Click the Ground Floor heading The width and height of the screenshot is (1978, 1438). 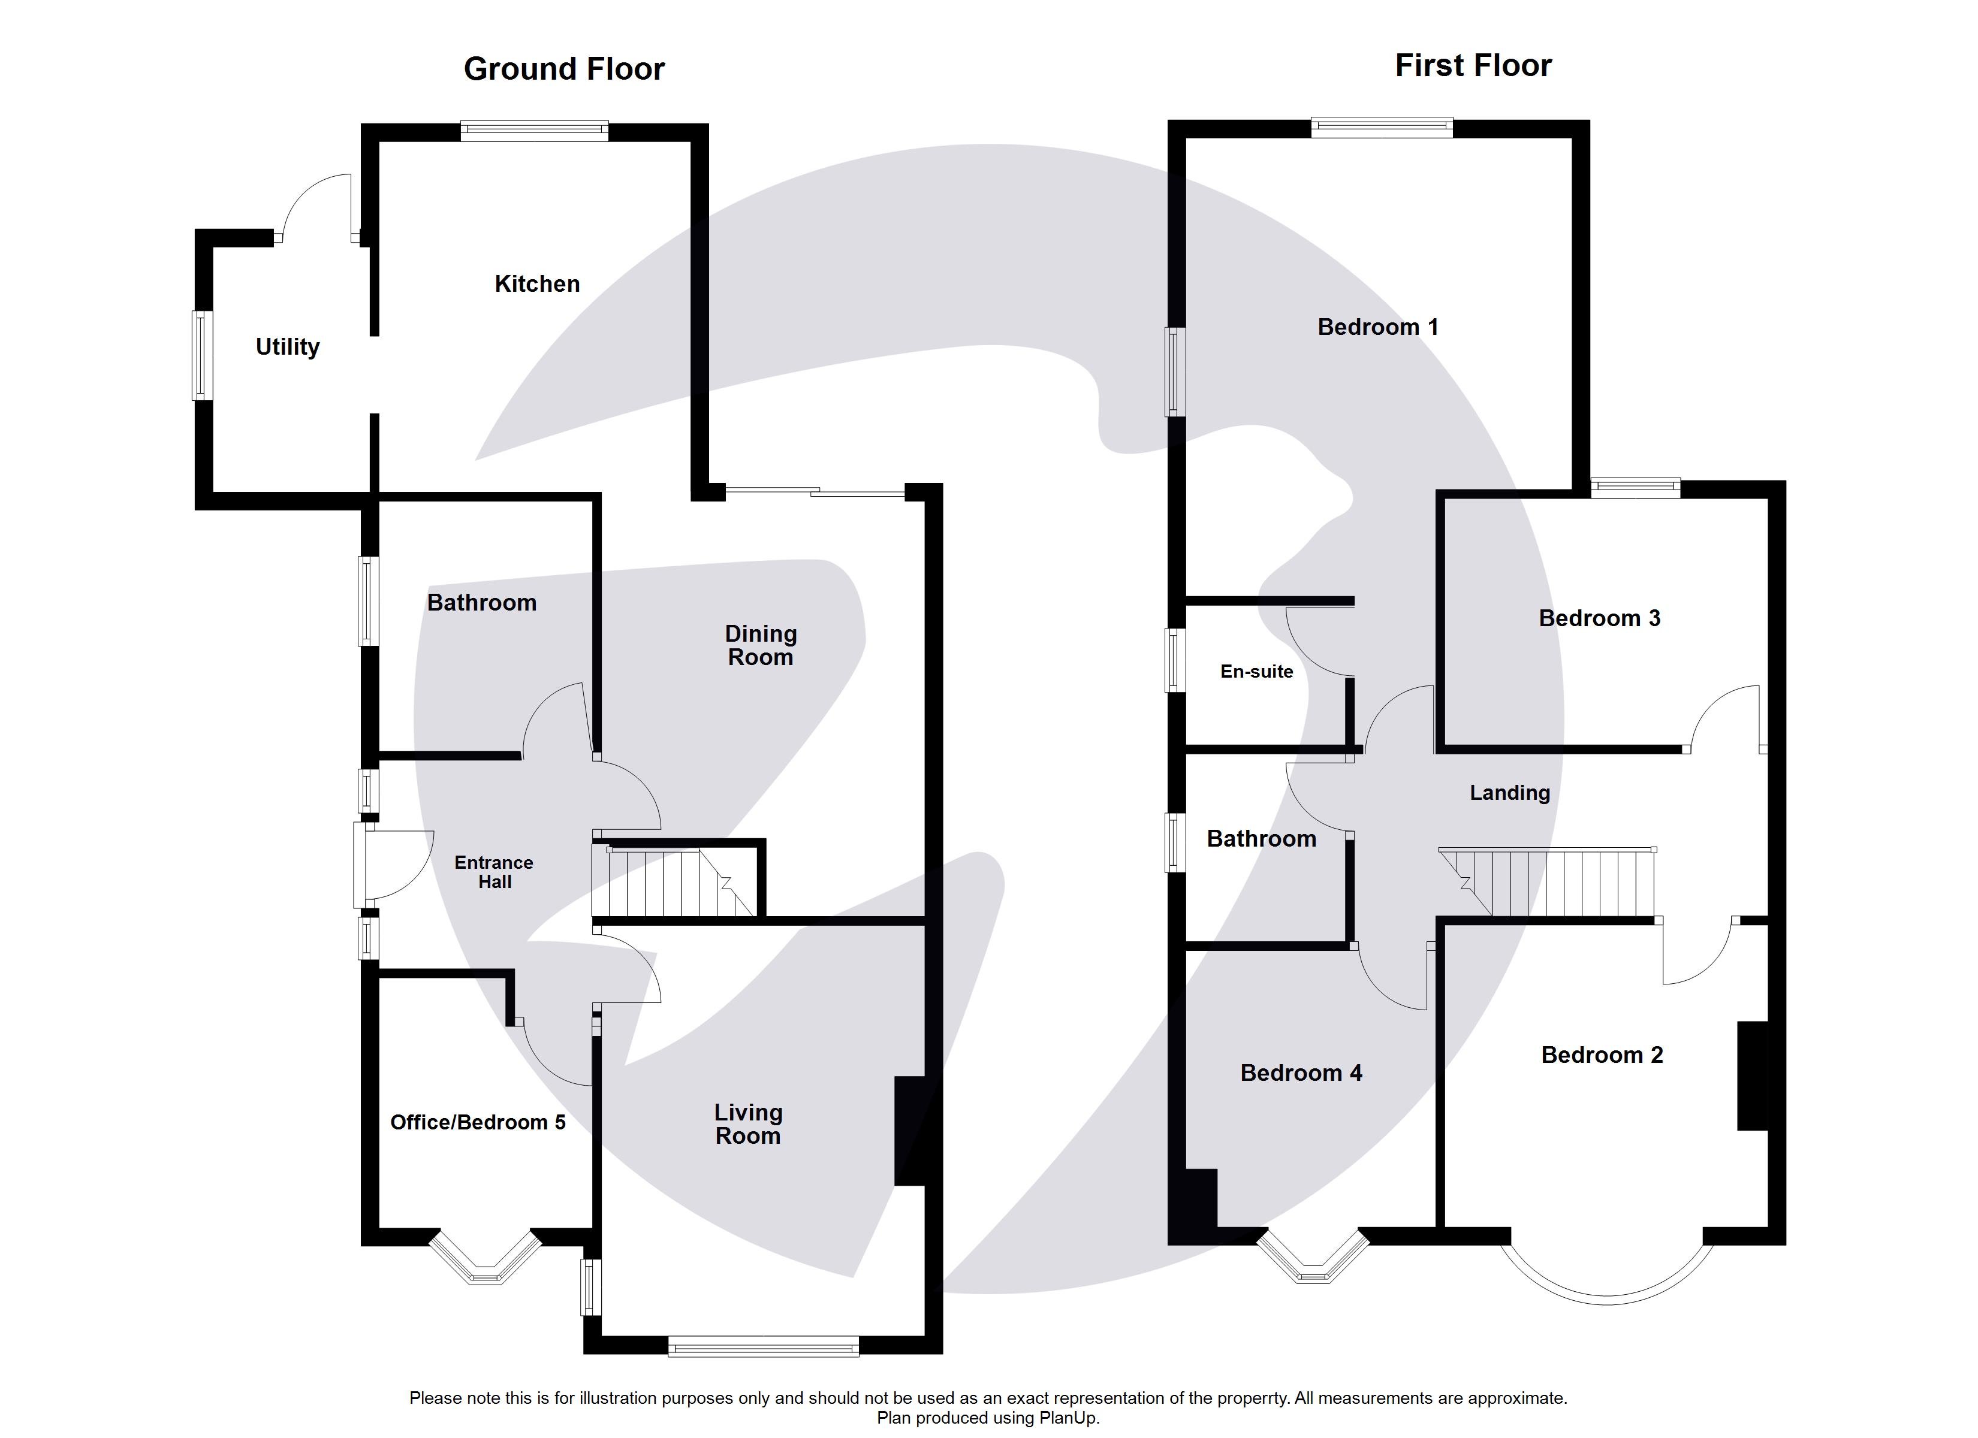pyautogui.click(x=563, y=69)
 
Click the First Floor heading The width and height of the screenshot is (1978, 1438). pyautogui.click(x=1473, y=65)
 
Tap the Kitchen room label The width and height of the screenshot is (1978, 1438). pyautogui.click(x=536, y=283)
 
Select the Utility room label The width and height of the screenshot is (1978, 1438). pyautogui.click(x=287, y=346)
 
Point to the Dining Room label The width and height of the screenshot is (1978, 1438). pyautogui.click(x=761, y=645)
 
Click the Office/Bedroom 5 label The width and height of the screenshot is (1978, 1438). pyautogui.click(x=477, y=1122)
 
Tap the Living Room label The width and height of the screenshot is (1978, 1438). pyautogui.click(x=747, y=1124)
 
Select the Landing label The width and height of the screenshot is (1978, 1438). pyautogui.click(x=1510, y=793)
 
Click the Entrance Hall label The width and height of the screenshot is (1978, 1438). pyautogui.click(x=494, y=872)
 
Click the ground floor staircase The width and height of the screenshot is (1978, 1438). pyautogui.click(x=671, y=883)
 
